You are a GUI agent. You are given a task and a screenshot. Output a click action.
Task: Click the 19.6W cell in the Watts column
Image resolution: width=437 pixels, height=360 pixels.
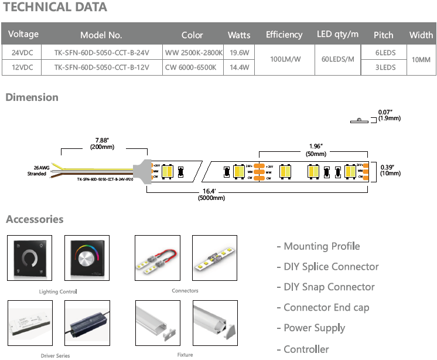tap(239, 53)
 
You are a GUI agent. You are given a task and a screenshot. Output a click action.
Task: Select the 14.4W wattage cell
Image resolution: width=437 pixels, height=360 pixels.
tap(239, 67)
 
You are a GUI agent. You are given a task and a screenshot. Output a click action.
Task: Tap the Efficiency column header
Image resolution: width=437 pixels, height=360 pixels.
tap(284, 35)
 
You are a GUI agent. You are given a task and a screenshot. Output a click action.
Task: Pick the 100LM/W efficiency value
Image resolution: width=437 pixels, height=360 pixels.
tap(284, 60)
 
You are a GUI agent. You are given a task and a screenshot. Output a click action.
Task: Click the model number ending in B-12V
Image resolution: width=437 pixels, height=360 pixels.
tap(101, 67)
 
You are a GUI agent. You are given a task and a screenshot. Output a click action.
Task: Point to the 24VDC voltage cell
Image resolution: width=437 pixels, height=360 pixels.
tap(23, 53)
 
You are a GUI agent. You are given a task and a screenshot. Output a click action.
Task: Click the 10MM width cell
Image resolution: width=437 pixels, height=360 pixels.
tap(421, 60)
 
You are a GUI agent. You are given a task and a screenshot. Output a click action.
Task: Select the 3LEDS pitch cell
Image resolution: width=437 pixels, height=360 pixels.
tap(385, 67)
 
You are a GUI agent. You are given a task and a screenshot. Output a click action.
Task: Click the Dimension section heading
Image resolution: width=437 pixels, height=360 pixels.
tap(32, 97)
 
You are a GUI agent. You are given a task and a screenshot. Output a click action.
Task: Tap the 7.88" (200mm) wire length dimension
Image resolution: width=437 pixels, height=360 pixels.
tap(102, 143)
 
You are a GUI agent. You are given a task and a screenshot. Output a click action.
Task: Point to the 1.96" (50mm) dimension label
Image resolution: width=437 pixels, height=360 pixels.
tap(316, 149)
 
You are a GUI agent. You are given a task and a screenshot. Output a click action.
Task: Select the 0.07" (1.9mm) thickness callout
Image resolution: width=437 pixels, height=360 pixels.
tap(389, 115)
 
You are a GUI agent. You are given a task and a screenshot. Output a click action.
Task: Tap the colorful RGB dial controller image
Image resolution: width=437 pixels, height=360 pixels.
tap(87, 258)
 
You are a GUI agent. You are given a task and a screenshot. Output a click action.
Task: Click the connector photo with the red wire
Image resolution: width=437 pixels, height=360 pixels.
tap(156, 258)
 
